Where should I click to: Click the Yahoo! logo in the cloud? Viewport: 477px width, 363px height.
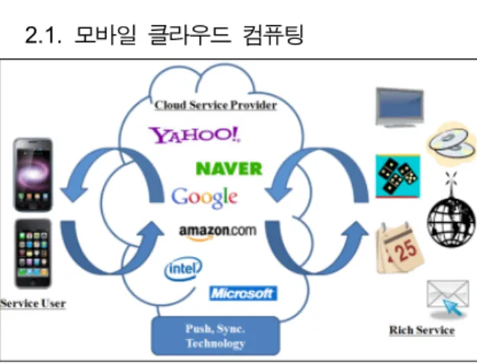pyautogui.click(x=194, y=135)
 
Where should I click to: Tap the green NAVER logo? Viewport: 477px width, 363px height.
pyautogui.click(x=229, y=168)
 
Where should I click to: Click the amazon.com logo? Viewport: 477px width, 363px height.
pyautogui.click(x=217, y=233)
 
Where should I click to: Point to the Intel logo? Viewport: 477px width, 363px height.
pyautogui.click(x=183, y=268)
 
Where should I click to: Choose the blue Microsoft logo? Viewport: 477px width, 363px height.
pyautogui.click(x=243, y=293)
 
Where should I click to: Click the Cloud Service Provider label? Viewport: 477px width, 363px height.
pyautogui.click(x=216, y=105)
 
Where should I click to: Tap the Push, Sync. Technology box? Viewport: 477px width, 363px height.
pyautogui.click(x=215, y=336)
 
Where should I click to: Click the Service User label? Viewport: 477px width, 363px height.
pyautogui.click(x=33, y=303)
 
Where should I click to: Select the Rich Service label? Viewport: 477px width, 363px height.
pyautogui.click(x=422, y=330)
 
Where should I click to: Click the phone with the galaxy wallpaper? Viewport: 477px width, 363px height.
pyautogui.click(x=33, y=175)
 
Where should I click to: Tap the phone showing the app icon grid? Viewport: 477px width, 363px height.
pyautogui.click(x=33, y=253)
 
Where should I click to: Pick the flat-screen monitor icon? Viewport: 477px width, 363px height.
pyautogui.click(x=400, y=107)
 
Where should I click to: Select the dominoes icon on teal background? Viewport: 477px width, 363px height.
pyautogui.click(x=398, y=176)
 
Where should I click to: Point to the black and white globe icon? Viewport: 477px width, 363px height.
pyautogui.click(x=451, y=222)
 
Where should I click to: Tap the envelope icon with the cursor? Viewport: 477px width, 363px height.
pyautogui.click(x=448, y=299)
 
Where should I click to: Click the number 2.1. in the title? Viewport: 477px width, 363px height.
pyautogui.click(x=43, y=35)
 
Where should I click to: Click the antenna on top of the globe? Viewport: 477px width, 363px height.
pyautogui.click(x=450, y=184)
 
